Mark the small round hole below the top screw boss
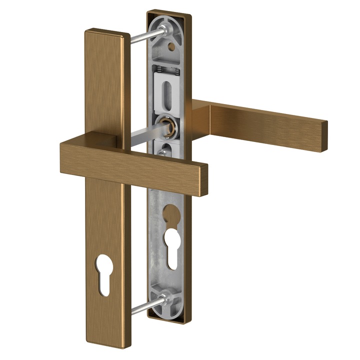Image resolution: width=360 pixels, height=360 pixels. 172,47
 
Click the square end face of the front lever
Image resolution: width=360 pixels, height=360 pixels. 202,177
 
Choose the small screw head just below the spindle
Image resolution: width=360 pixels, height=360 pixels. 162,149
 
